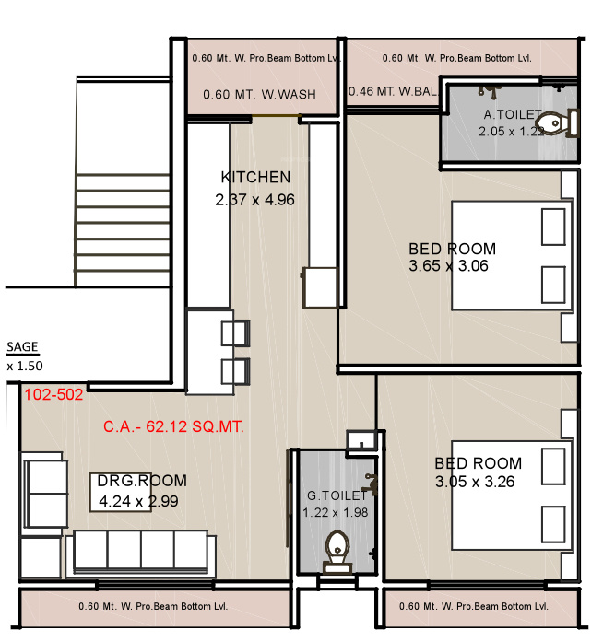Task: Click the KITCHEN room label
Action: tap(255, 177)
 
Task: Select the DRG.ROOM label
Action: tap(143, 481)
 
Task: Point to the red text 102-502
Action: tap(53, 394)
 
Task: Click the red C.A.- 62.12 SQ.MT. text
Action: tap(175, 427)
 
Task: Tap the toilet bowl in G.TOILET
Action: tap(337, 549)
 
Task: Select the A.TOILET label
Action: tap(514, 115)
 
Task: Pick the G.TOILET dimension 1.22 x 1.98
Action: tap(337, 512)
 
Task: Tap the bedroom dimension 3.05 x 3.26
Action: tap(478, 481)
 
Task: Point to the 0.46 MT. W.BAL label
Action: tap(392, 91)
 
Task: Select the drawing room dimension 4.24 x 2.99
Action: tap(138, 501)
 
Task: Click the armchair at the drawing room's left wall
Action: tap(43, 493)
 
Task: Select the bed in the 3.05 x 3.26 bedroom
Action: tap(509, 495)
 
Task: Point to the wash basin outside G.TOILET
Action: tap(360, 442)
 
